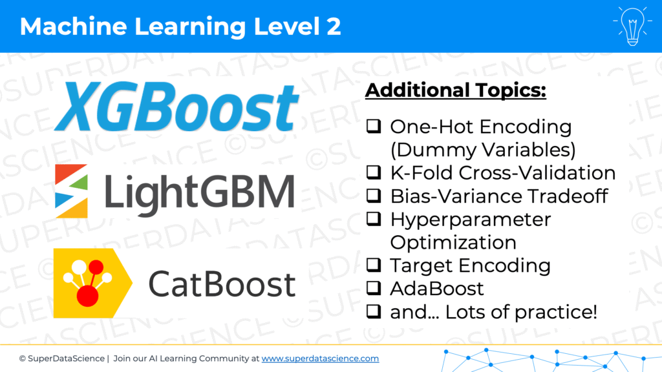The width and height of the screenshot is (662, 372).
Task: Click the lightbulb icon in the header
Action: tap(632, 26)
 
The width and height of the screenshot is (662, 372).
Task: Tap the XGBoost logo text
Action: tap(177, 107)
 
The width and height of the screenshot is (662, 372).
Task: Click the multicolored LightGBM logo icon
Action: tap(71, 191)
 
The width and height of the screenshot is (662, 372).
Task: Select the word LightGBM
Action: tap(199, 192)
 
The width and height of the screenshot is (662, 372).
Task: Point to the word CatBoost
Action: tap(222, 284)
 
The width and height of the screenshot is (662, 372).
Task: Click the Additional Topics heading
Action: tap(456, 90)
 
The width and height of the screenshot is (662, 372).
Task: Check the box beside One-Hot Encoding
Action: tap(374, 126)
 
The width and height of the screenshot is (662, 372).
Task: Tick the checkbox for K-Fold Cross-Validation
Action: tap(374, 172)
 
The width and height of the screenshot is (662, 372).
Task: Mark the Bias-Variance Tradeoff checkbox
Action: tap(374, 195)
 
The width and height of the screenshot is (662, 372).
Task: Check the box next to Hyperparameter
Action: tap(374, 218)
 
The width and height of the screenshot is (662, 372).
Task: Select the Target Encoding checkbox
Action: tap(374, 265)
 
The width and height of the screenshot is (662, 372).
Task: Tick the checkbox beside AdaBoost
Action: tap(374, 288)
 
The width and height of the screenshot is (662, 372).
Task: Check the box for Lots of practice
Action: tap(374, 311)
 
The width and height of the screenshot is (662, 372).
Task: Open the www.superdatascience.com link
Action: tap(320, 358)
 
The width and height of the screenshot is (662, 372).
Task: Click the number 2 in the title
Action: tap(334, 26)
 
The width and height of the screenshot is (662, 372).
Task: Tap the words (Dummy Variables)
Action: tap(483, 150)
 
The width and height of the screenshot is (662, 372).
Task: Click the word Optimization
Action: tap(453, 243)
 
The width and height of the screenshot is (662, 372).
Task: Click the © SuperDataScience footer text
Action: tap(61, 358)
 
